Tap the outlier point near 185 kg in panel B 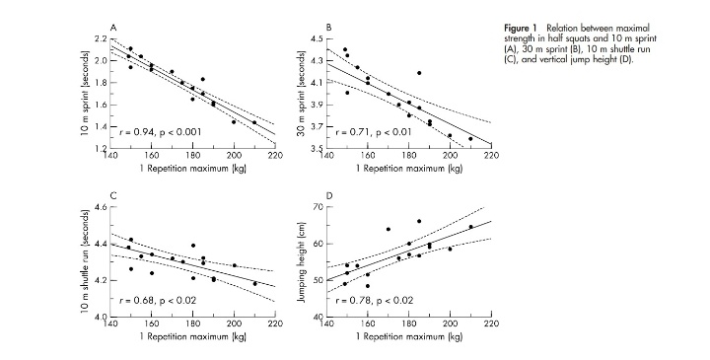[419, 73]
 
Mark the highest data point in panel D [419, 222]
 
